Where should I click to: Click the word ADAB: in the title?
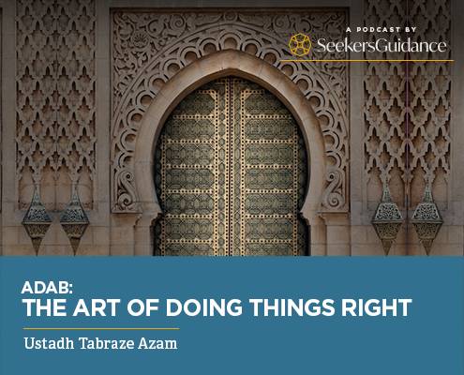(47, 288)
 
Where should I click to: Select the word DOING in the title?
(204, 307)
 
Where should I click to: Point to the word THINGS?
(292, 307)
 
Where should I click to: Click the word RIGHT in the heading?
(377, 307)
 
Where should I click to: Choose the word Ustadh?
(49, 343)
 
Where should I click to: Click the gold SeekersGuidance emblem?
(300, 45)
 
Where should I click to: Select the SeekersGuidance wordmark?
(382, 45)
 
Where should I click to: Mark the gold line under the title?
(101, 329)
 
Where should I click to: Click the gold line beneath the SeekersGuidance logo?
(366, 60)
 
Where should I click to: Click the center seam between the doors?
(231, 167)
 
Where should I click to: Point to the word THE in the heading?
(44, 307)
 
